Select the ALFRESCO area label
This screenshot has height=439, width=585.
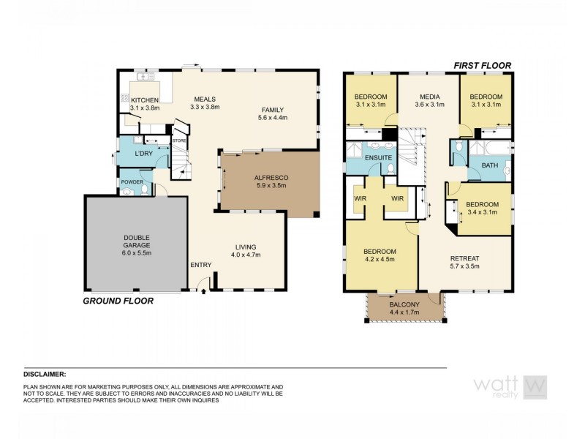271,177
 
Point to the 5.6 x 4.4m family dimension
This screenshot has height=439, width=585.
273,117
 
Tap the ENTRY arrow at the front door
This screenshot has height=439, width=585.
203,290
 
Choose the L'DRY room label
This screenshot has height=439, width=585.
144,154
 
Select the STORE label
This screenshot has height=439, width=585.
179,140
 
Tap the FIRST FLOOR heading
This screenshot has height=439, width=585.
482,65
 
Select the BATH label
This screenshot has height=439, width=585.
489,165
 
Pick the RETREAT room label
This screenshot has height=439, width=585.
464,257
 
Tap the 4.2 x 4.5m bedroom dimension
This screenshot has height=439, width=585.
380,258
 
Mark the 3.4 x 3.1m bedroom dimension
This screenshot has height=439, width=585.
483,212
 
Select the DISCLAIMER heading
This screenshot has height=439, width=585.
45,373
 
